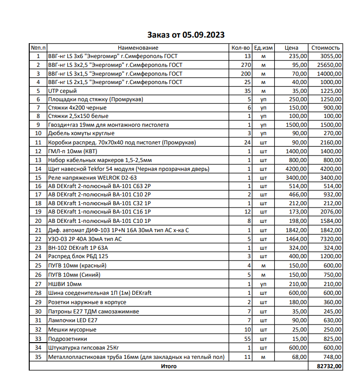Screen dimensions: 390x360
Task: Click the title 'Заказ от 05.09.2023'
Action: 186,35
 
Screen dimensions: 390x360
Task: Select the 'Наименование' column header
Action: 138,48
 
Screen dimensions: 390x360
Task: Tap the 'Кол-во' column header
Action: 241,48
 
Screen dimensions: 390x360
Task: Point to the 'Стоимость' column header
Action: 326,48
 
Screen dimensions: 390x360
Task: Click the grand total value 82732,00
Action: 328,366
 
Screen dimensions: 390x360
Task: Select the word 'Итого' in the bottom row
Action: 169,366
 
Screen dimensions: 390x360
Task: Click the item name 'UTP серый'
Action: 63,91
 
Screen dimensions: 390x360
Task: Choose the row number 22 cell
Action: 38,239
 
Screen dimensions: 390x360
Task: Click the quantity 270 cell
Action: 246,65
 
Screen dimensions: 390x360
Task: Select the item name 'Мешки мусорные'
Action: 72,330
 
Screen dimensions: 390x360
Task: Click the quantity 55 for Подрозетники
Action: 247,338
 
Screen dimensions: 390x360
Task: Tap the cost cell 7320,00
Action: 330,239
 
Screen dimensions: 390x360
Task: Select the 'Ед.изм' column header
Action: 264,48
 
